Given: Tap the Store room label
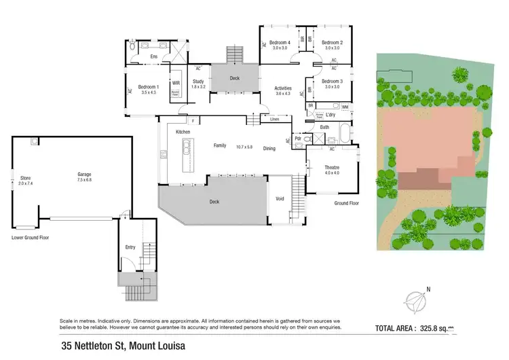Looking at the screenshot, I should [26, 179].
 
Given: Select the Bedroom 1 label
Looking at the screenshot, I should [148, 88].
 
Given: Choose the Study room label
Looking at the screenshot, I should [179, 83].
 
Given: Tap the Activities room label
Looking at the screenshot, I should [283, 88].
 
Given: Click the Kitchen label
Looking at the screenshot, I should [183, 132].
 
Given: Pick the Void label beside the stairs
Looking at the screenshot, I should [280, 199].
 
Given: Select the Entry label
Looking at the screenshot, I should [130, 247].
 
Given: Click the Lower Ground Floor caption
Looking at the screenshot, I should [31, 238].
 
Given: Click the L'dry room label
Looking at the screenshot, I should [322, 116].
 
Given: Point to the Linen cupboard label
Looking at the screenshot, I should [274, 120].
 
